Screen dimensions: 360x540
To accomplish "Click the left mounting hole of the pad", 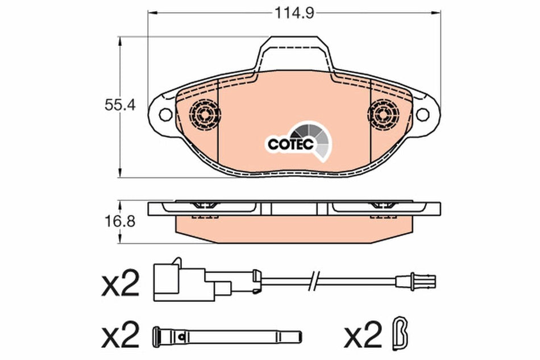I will pos(165,114).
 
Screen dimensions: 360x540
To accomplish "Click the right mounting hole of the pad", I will pos(422,114).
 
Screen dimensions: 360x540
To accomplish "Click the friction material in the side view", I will pos(293,225).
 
